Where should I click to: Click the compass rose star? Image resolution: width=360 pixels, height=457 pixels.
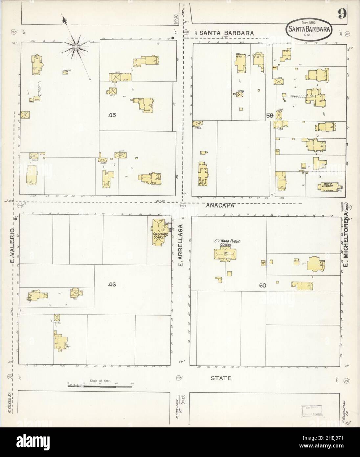[76, 48]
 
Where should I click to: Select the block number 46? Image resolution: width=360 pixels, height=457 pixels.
[112, 285]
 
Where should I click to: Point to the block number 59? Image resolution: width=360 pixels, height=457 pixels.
[270, 115]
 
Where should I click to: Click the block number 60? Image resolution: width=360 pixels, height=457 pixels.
[262, 285]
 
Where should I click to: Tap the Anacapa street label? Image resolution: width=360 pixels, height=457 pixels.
[220, 205]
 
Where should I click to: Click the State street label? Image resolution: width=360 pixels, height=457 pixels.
[221, 378]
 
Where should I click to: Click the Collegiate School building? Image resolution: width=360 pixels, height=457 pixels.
[160, 232]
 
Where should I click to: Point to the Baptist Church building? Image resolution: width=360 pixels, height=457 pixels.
[328, 186]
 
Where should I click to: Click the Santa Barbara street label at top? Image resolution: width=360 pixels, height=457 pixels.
[227, 33]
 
